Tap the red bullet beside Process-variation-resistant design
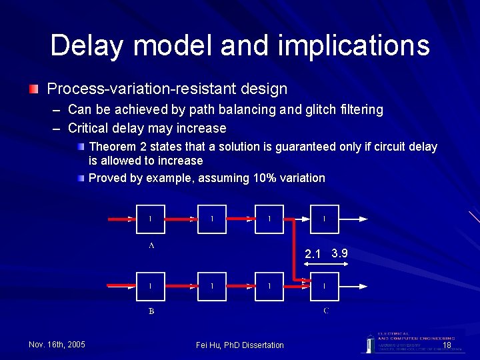point(33,89)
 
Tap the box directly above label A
point(151,219)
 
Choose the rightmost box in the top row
point(325,219)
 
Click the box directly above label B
point(151,286)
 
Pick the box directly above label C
point(325,286)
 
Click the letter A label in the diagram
point(151,245)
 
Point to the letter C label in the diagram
point(325,311)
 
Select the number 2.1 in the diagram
point(313,254)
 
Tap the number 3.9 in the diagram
point(339,253)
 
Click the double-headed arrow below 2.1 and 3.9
point(325,265)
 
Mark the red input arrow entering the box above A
point(123,219)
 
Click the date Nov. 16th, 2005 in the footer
point(57,345)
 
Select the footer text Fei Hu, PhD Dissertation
point(240,345)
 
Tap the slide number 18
point(447,345)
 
